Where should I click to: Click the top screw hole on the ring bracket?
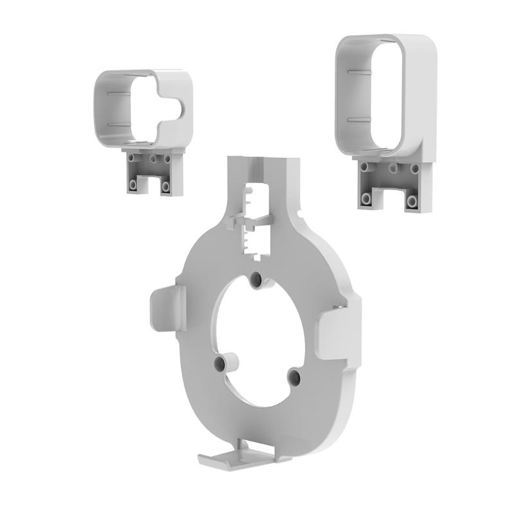tap(256, 279)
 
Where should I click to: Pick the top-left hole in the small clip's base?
tap(133, 157)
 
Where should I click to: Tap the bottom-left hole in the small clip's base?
tap(133, 184)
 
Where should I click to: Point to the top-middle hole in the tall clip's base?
tap(391, 168)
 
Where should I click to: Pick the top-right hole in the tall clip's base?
tap(415, 169)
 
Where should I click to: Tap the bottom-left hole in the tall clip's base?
tap(366, 198)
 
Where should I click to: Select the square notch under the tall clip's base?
tap(388, 199)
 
